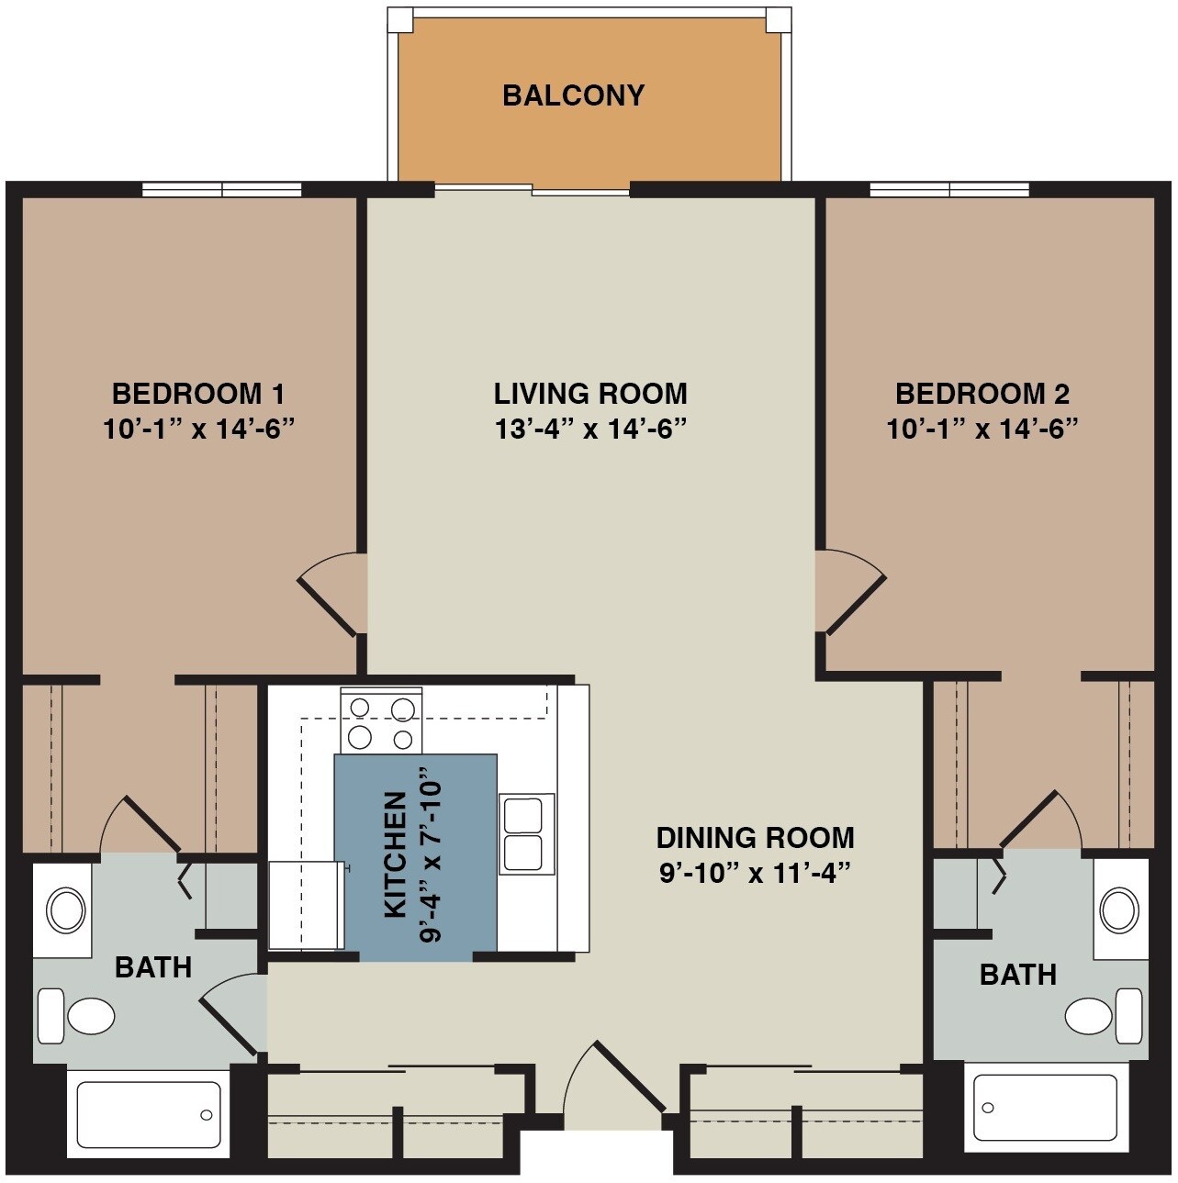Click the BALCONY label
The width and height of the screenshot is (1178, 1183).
click(573, 95)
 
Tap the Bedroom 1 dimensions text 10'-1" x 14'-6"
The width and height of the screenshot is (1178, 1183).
click(198, 429)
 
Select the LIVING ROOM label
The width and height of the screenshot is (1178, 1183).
click(590, 394)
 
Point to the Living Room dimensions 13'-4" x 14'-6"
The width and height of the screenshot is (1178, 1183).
click(590, 429)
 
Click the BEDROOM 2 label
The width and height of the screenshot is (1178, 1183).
click(982, 394)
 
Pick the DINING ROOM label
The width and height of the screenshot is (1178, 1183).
click(755, 837)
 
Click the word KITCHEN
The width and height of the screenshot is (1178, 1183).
click(395, 854)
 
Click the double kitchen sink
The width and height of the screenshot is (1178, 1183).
click(526, 834)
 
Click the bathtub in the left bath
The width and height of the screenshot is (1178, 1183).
click(149, 1114)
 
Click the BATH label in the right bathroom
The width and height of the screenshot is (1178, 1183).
click(1017, 975)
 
